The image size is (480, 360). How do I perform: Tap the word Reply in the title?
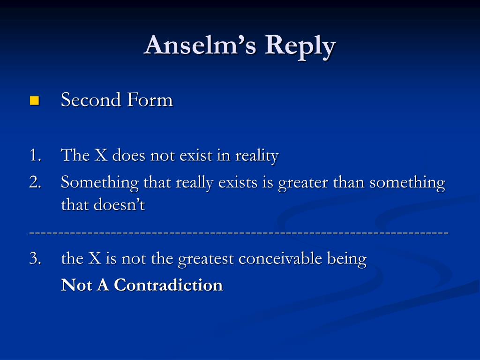tap(300, 47)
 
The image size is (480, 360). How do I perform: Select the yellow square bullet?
tap(34, 100)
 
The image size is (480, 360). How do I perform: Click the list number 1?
tap(35, 155)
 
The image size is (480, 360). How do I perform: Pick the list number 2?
tap(35, 182)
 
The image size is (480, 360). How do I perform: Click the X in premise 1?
tap(101, 155)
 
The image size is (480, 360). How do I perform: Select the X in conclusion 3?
tap(95, 258)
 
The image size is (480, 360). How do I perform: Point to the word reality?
tap(257, 156)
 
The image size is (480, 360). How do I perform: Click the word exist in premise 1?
tap(195, 155)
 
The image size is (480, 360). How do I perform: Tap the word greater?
tap(303, 183)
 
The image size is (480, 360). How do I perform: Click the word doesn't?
tap(119, 204)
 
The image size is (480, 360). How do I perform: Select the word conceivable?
tap(280, 258)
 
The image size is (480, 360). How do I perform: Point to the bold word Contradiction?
tap(168, 285)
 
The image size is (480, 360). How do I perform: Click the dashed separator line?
tap(239, 233)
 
